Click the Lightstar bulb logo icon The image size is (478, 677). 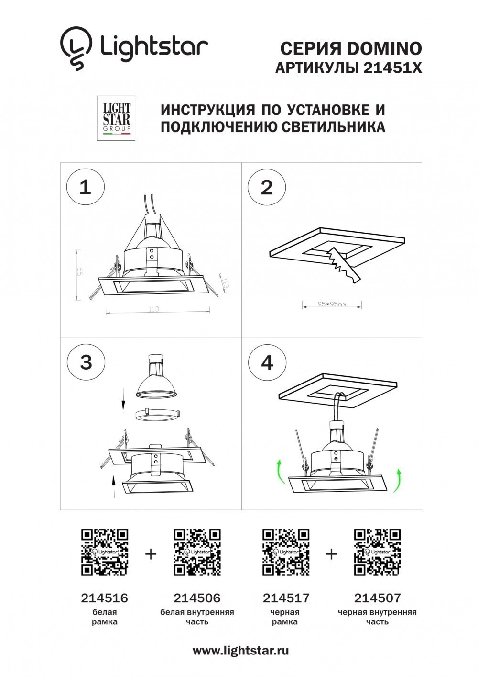[x=76, y=48]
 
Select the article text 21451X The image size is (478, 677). [x=393, y=68]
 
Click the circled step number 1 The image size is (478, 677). [x=85, y=187]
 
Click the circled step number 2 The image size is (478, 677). [x=266, y=187]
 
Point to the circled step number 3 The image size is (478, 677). [x=86, y=362]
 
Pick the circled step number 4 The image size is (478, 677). [x=267, y=362]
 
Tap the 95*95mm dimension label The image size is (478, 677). [x=332, y=304]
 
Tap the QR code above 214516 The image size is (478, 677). [x=105, y=552]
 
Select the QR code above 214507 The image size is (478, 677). [x=377, y=552]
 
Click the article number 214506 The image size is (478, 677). [x=197, y=598]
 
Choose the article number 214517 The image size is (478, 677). [x=286, y=598]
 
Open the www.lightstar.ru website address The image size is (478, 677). [x=240, y=651]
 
